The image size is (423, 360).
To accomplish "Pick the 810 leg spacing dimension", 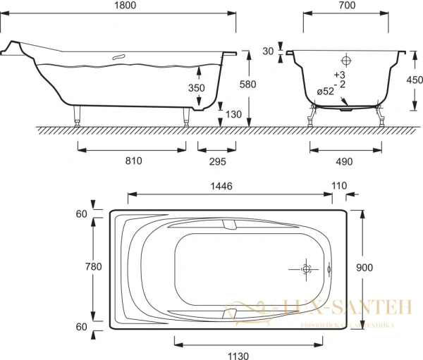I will [132, 161].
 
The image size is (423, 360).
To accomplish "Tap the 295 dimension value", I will [216, 161].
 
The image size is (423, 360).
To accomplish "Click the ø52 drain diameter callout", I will [325, 90].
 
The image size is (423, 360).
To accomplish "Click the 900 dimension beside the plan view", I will [364, 267].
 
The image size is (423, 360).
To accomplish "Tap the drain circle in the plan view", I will [307, 268].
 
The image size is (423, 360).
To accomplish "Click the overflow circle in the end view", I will [346, 61].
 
